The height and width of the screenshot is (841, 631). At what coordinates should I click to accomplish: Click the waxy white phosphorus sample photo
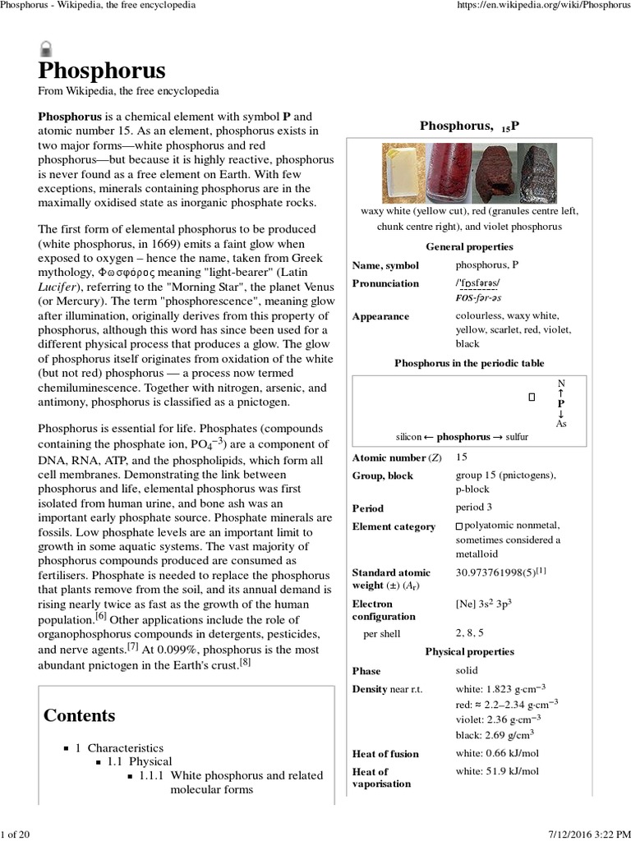point(403,173)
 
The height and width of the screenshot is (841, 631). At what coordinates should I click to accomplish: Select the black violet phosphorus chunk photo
point(538,173)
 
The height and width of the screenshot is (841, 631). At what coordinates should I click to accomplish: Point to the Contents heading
point(79,715)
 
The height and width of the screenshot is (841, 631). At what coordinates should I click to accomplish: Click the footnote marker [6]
point(100,616)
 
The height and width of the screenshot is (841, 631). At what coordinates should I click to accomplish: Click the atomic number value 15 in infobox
point(462,457)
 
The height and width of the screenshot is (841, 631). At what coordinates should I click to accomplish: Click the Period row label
point(367,508)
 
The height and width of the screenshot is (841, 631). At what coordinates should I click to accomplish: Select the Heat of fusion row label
point(385,754)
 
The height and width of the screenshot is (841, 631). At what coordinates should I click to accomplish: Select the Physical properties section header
point(469,652)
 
